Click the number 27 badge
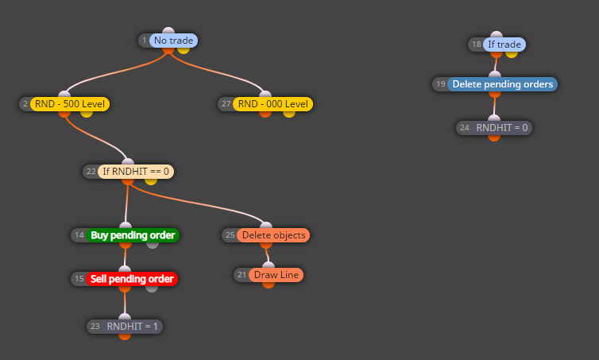pyautogui.click(x=226, y=104)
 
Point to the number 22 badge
pyautogui.click(x=91, y=172)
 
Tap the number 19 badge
pyautogui.click(x=441, y=84)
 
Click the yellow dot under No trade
pyautogui.click(x=184, y=50)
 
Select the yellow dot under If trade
pyautogui.click(x=512, y=54)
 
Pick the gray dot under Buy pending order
pyautogui.click(x=153, y=245)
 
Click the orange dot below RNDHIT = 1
pyautogui.click(x=125, y=336)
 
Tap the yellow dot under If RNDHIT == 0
pyautogui.click(x=150, y=180)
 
